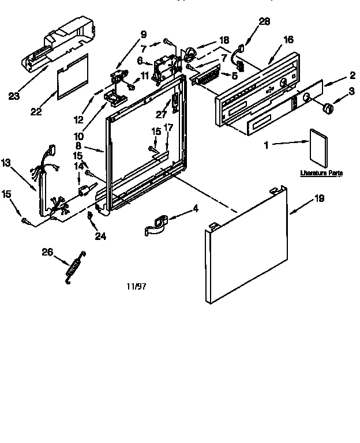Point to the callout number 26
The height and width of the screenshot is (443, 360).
[47, 251]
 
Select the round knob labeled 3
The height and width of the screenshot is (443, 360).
[327, 107]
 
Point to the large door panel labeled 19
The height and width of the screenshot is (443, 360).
[247, 245]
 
